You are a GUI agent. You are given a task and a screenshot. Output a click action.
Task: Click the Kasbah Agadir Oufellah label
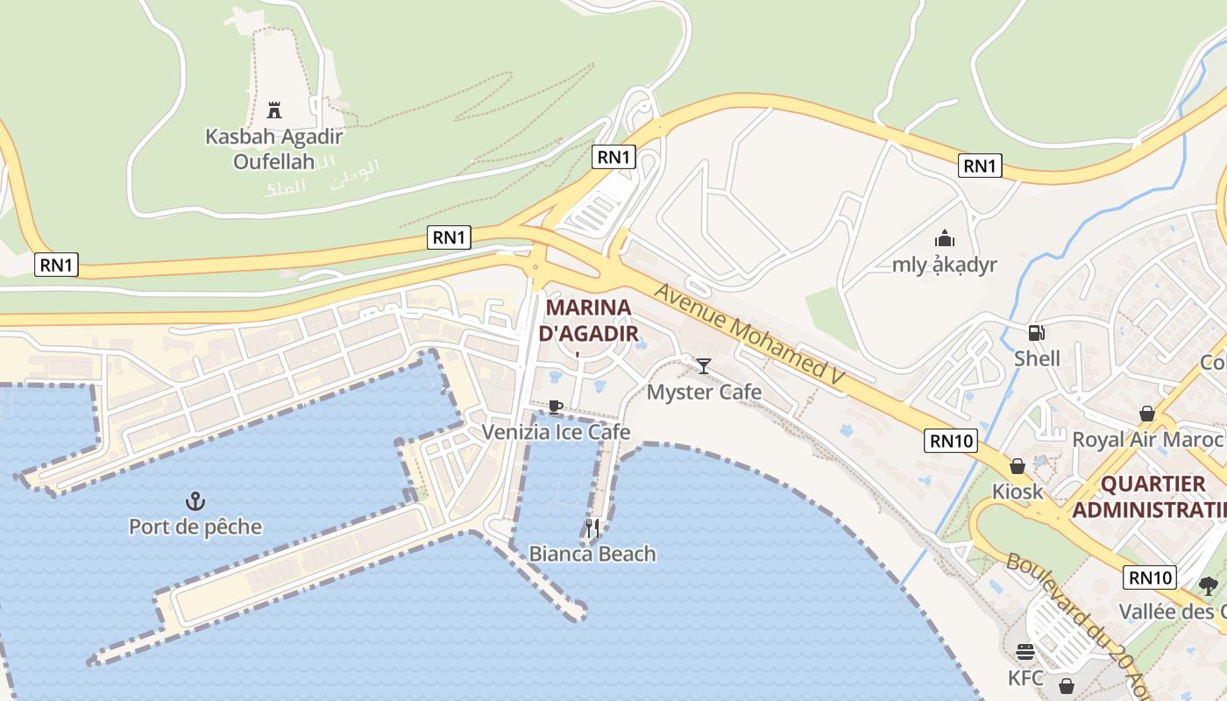click(x=273, y=149)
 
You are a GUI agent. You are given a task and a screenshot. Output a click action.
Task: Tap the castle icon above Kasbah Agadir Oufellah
click(x=274, y=110)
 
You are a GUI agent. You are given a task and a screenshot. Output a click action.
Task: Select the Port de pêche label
click(x=195, y=527)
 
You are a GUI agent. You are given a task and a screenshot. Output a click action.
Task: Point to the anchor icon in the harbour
click(x=195, y=501)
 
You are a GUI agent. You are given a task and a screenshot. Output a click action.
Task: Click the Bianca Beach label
click(x=592, y=554)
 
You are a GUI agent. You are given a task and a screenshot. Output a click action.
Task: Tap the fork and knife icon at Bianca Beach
click(x=592, y=528)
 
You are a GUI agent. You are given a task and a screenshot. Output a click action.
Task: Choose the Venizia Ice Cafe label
click(x=556, y=432)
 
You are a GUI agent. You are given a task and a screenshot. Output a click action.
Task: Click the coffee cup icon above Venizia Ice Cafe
click(x=555, y=407)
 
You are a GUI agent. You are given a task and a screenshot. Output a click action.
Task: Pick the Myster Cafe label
click(x=704, y=392)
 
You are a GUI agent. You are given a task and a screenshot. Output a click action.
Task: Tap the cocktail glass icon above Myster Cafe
click(x=704, y=365)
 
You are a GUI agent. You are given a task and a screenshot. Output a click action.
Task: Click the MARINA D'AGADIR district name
click(x=588, y=321)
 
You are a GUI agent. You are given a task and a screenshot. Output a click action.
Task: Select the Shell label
click(x=1037, y=358)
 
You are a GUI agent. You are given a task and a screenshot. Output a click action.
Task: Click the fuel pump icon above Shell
click(x=1037, y=333)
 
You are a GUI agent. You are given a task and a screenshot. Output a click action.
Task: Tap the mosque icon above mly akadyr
click(x=945, y=238)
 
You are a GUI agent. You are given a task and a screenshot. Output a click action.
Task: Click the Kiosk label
click(x=1018, y=492)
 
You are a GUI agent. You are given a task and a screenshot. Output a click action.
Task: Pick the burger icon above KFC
click(x=1025, y=652)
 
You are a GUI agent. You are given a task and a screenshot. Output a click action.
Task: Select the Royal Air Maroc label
click(x=1147, y=439)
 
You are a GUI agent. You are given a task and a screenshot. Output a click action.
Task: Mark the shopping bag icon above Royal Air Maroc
click(x=1147, y=414)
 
